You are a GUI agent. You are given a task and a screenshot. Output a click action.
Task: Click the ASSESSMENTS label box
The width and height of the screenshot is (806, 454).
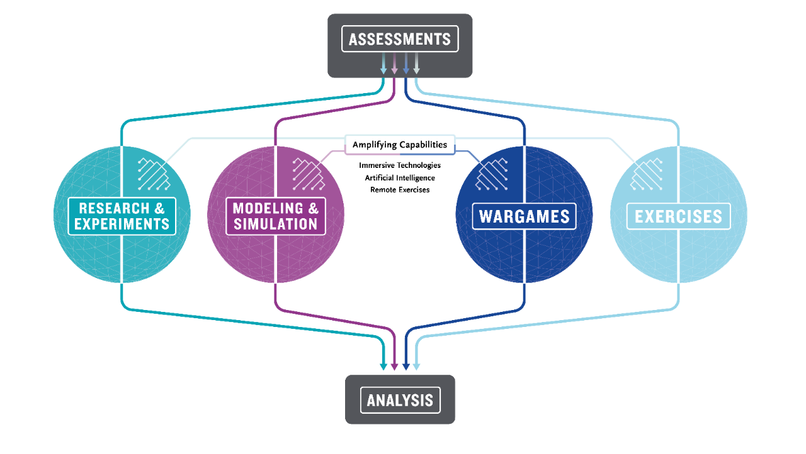pos(400,40)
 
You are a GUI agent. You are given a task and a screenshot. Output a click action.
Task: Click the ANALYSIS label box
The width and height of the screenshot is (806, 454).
pos(400,400)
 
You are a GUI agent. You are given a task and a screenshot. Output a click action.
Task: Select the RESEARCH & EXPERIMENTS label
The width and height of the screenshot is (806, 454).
pos(122,216)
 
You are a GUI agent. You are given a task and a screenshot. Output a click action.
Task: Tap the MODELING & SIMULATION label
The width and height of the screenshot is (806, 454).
pos(276,216)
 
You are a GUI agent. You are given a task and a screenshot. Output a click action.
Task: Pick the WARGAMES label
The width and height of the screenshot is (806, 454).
pos(524,216)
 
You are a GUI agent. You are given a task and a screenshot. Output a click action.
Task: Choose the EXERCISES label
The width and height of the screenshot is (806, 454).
pos(678,216)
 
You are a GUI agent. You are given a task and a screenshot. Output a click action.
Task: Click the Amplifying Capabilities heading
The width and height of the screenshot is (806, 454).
pos(400,145)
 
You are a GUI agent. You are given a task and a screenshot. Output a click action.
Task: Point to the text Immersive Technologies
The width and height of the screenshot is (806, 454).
pos(400,165)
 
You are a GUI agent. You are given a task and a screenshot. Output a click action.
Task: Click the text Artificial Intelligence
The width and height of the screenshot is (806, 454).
pos(400,177)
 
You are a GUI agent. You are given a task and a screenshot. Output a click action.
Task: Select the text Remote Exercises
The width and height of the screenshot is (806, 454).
pos(400,189)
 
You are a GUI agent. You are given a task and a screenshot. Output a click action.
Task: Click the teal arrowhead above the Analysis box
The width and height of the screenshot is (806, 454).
pos(383,365)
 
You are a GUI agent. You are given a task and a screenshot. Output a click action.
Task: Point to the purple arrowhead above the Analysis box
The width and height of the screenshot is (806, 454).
pos(395,365)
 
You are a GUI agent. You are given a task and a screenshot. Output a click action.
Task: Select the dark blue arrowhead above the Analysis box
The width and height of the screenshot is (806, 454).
pos(406,365)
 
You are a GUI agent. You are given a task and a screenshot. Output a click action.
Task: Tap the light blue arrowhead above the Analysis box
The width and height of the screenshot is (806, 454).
pos(416,365)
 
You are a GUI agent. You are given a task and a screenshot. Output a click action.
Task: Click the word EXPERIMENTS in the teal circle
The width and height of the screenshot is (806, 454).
pos(122,224)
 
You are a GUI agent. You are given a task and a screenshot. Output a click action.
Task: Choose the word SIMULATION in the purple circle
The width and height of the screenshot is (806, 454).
pos(276,224)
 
